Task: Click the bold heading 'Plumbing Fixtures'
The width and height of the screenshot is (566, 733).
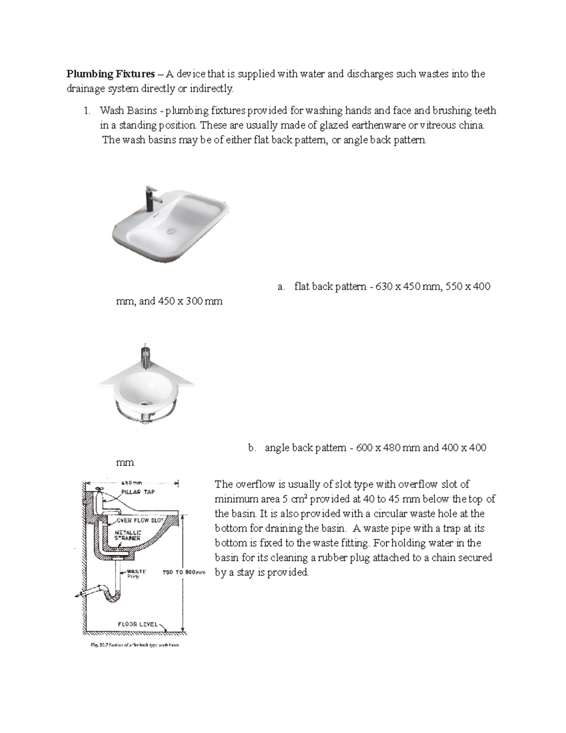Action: (110, 74)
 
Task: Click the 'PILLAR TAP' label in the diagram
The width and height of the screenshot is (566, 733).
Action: (138, 492)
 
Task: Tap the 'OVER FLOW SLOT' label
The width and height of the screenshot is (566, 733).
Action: (140, 520)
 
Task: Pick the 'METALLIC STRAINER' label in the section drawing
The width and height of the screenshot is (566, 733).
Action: (128, 535)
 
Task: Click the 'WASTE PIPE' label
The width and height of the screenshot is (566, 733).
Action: (136, 574)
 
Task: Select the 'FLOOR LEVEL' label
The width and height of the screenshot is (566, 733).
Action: (138, 624)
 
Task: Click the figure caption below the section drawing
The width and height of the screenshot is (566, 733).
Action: (135, 645)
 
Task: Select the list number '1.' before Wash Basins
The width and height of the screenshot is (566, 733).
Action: (86, 111)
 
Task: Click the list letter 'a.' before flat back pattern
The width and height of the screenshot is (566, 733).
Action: (281, 286)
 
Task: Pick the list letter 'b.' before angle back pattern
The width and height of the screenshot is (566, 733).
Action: (252, 448)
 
